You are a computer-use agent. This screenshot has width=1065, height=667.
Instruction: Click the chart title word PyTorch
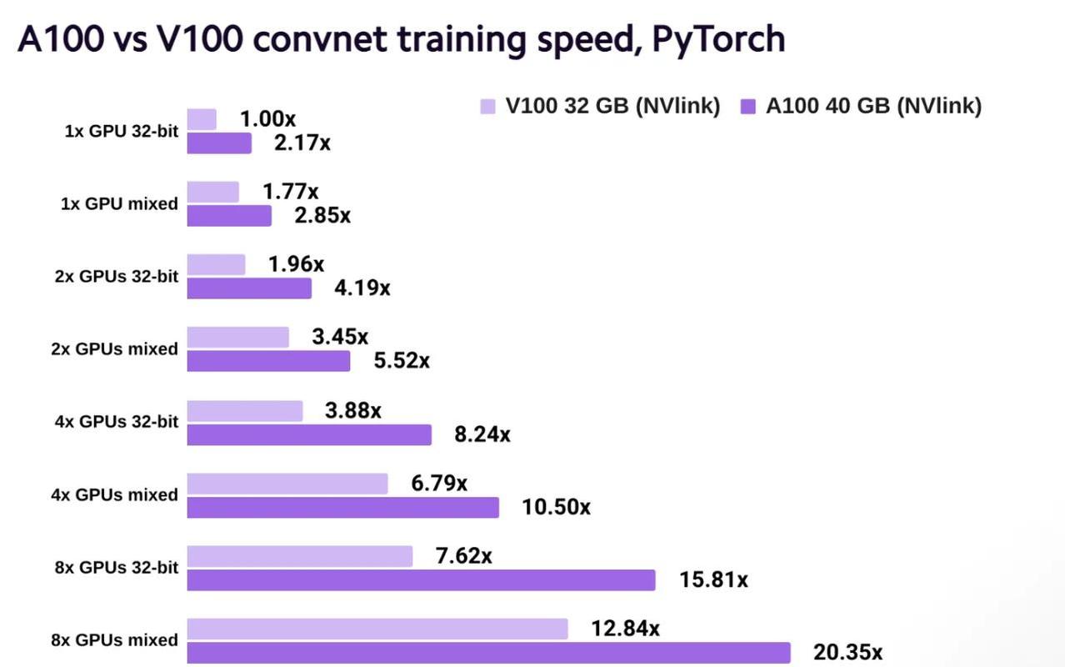[718, 39]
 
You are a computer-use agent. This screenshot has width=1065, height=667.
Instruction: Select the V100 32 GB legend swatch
[488, 106]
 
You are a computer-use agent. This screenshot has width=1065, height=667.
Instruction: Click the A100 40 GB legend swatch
[747, 106]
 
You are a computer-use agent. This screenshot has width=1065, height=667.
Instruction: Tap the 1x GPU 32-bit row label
[121, 131]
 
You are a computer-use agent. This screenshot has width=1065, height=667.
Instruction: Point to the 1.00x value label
[267, 119]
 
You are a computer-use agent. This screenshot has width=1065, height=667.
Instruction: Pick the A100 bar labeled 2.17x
[219, 143]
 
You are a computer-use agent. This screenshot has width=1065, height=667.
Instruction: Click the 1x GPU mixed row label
[119, 203]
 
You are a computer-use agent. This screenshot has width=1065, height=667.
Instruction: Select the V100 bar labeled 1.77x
[212, 192]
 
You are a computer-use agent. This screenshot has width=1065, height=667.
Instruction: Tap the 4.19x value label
[362, 288]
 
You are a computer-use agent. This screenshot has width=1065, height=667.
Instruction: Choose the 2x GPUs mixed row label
[114, 349]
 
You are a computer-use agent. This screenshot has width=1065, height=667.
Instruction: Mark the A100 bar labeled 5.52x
[268, 361]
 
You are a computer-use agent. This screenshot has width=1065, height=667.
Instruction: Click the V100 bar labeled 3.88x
[245, 410]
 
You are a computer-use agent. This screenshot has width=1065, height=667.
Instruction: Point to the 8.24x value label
[482, 434]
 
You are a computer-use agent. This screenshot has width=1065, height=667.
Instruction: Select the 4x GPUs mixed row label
[114, 494]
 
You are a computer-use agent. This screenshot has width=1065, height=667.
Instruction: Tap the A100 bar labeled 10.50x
[342, 507]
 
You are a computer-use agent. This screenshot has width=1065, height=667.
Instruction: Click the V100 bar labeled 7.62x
[299, 556]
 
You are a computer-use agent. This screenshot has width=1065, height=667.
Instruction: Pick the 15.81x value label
[713, 579]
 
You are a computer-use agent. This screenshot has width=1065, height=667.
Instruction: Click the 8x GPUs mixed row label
[114, 640]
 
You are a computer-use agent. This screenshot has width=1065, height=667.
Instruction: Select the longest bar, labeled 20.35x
[488, 652]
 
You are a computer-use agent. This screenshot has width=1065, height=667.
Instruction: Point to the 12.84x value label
[625, 628]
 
